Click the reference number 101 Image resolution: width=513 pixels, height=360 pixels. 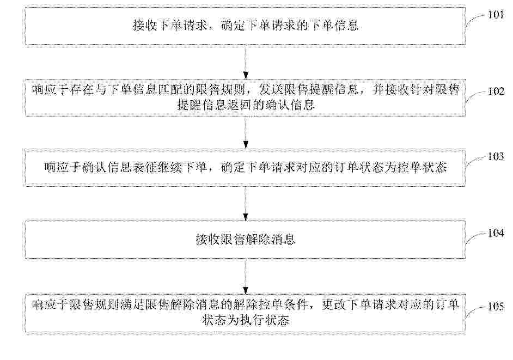point(496,15)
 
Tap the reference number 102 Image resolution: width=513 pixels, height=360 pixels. point(496,91)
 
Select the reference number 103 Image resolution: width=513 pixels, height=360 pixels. point(496,156)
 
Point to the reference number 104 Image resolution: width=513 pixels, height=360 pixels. point(496,233)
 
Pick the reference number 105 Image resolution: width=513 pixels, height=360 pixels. point(496,306)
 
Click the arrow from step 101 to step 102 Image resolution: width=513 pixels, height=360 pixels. point(246,62)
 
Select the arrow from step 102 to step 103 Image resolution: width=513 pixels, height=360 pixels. point(246,132)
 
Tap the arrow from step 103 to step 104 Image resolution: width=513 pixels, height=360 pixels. point(246,204)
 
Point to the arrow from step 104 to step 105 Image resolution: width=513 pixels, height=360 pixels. point(246,276)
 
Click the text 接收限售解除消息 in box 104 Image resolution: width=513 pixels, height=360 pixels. point(246,240)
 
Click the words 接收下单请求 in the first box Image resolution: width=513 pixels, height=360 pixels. point(170,26)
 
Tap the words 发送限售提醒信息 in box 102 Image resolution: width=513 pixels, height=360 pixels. point(309,89)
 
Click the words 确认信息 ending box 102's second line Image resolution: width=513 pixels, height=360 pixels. point(290,105)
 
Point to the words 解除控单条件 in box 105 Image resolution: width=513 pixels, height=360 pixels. point(271,304)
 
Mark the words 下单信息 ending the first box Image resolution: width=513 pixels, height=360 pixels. point(334,26)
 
